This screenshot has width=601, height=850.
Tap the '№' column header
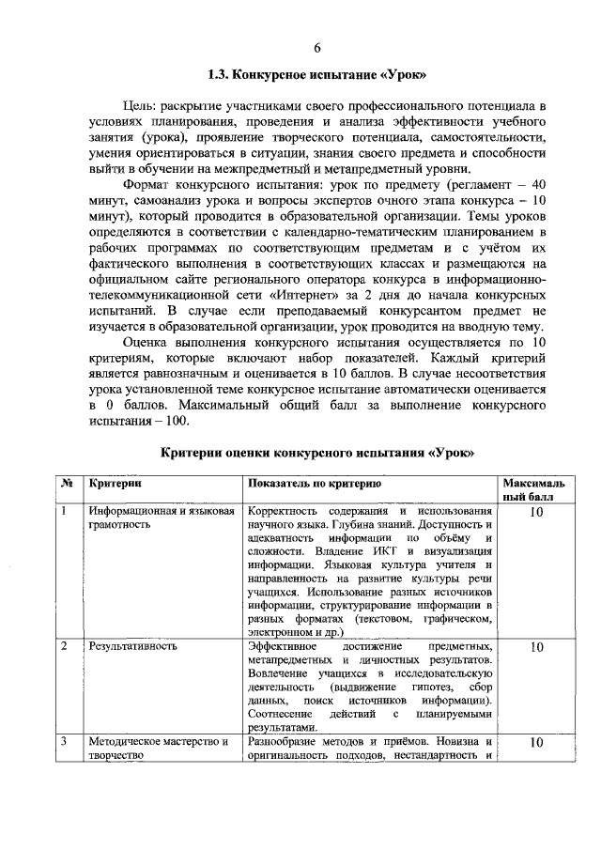click(x=68, y=483)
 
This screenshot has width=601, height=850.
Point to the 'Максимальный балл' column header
click(x=535, y=489)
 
